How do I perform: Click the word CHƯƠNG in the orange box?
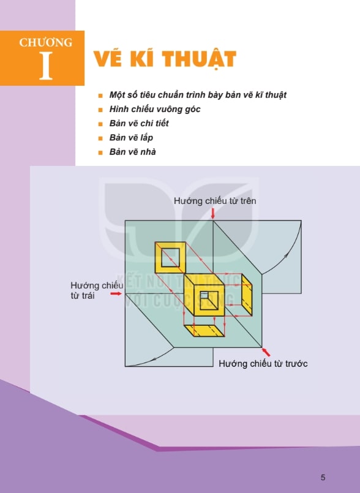(x=45, y=42)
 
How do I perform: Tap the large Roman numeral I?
(x=45, y=66)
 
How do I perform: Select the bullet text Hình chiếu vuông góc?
(x=155, y=109)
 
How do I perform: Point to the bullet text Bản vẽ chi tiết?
(x=139, y=123)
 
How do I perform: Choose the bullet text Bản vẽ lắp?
(x=131, y=138)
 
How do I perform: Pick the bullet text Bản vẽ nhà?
(x=132, y=152)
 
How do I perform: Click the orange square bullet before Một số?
(x=100, y=96)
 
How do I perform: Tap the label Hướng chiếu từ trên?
(x=215, y=201)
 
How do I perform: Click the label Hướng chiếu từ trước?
(x=263, y=363)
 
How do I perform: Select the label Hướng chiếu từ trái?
(x=97, y=290)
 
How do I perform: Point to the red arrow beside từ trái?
(x=116, y=293)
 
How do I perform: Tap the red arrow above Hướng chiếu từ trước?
(x=266, y=352)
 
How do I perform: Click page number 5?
(x=323, y=477)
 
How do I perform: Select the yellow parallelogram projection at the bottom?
(x=204, y=331)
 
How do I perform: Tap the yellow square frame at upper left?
(x=170, y=257)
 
